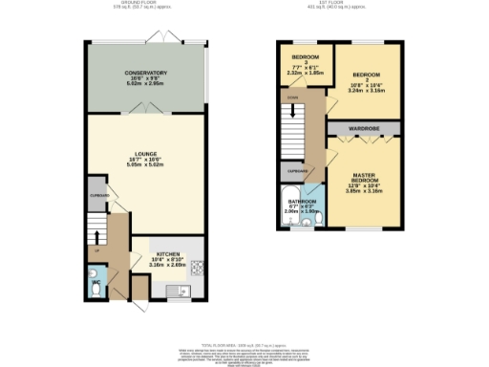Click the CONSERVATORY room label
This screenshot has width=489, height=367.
coord(145,73)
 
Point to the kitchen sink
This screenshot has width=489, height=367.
coord(174,290)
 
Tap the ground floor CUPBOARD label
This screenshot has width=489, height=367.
coord(97,196)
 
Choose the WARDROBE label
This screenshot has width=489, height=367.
coord(363,126)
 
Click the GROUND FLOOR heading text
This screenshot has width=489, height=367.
coord(144,4)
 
